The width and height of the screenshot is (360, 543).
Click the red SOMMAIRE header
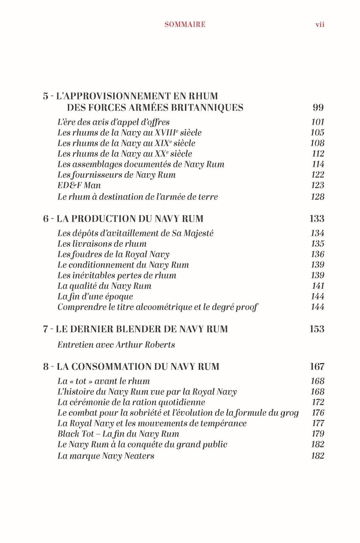[x=185, y=24]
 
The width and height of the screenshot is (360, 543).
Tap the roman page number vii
[x=320, y=24]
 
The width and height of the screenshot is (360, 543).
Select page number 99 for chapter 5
[x=318, y=107]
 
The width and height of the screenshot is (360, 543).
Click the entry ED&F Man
[x=79, y=185]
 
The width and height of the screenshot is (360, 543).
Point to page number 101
[x=318, y=122]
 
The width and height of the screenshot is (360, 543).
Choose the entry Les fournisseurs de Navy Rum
[x=116, y=175]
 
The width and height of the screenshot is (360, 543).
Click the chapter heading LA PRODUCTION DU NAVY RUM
[x=130, y=218]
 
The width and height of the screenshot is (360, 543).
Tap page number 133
[x=317, y=218]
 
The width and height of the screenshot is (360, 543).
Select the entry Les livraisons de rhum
[x=102, y=244]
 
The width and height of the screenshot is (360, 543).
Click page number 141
[x=318, y=286]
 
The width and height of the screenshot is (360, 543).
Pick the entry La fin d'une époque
[x=95, y=296]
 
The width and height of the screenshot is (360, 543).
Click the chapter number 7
[x=46, y=329]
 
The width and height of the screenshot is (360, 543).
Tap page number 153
[x=317, y=329]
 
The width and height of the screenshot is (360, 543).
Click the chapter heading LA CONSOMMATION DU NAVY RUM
[x=138, y=366]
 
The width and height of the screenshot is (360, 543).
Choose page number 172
[x=318, y=402]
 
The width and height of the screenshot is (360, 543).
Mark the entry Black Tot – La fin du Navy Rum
[x=118, y=434]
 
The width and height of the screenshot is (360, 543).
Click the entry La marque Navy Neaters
[x=106, y=456]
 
